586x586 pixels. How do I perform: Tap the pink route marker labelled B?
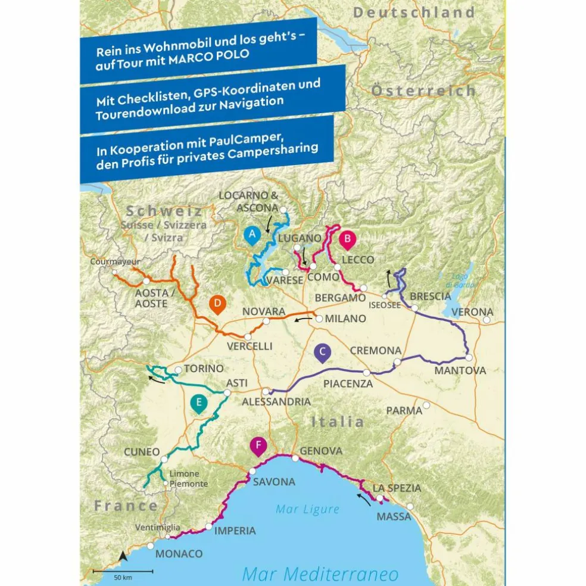coord(347,239)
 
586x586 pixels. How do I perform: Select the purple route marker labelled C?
coord(322,352)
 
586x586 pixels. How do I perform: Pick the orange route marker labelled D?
coord(218,304)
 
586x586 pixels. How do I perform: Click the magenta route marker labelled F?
coord(258,446)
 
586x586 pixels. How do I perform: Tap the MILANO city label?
coord(345,319)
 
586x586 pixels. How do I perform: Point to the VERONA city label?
coord(472,312)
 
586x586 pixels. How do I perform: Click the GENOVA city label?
coord(321,451)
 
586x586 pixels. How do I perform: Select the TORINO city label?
coord(204,369)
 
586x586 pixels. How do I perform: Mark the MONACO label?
coord(179,554)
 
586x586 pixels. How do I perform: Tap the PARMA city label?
coord(404,410)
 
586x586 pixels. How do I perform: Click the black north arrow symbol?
coord(123,556)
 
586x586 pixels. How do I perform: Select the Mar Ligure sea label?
coord(307,509)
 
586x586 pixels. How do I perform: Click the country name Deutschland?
coord(414,13)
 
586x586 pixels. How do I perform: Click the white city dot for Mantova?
coord(469,357)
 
